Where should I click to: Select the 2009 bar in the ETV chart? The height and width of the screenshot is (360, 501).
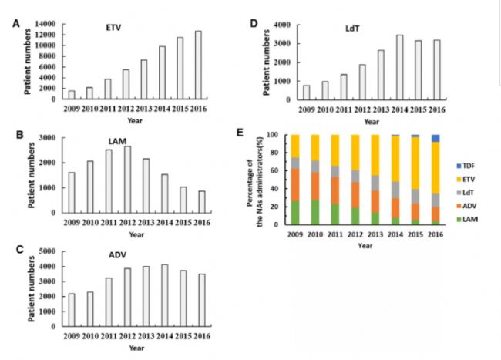72,95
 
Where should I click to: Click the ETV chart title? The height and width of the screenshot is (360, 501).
113,28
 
